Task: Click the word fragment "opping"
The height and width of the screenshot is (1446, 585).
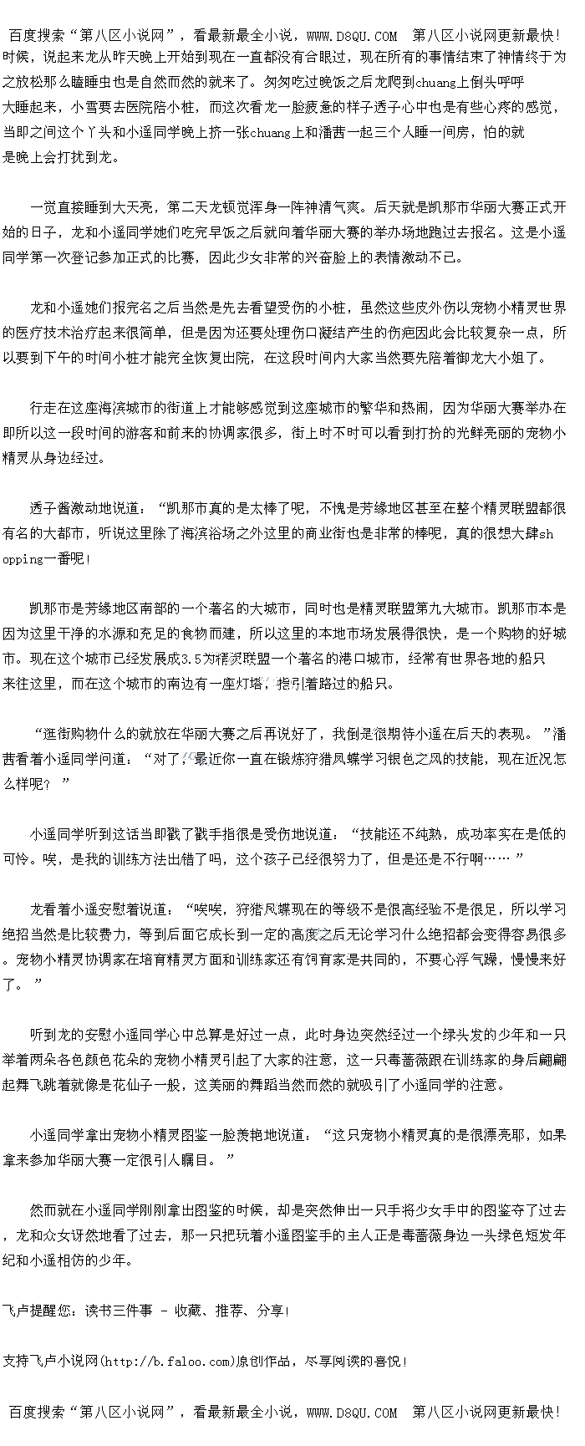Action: (23, 558)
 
